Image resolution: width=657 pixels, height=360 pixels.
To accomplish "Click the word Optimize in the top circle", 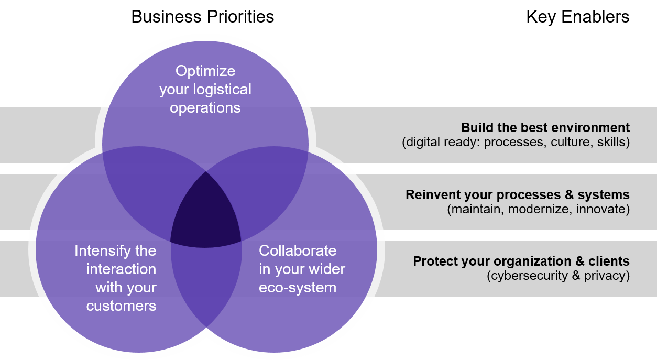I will coord(205,71).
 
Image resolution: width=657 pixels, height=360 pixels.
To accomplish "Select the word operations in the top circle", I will coord(205,108).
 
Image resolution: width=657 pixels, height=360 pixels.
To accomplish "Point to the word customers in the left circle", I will coord(121,306).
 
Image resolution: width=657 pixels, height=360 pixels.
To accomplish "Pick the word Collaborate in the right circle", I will coord(298,251).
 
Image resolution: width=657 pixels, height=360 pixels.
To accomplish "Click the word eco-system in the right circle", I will coord(298,288).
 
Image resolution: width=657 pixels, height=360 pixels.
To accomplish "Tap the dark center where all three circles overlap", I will coord(205,212).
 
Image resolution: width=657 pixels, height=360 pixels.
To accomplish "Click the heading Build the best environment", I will coord(545,128).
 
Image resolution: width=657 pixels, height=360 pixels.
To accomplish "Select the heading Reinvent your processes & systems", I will coord(517,195).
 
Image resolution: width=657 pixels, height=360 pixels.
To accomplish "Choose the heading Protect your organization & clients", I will coord(521,261).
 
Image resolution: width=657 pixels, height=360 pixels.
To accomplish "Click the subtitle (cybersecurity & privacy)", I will coord(558,276).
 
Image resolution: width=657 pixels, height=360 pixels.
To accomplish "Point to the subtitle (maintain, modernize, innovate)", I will coord(538,209).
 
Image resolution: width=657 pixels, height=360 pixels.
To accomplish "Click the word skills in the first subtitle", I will coord(613,142).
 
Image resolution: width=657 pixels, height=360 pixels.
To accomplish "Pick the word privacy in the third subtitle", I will coord(606,276).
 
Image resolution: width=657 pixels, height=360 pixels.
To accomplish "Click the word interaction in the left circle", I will coord(121,269).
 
